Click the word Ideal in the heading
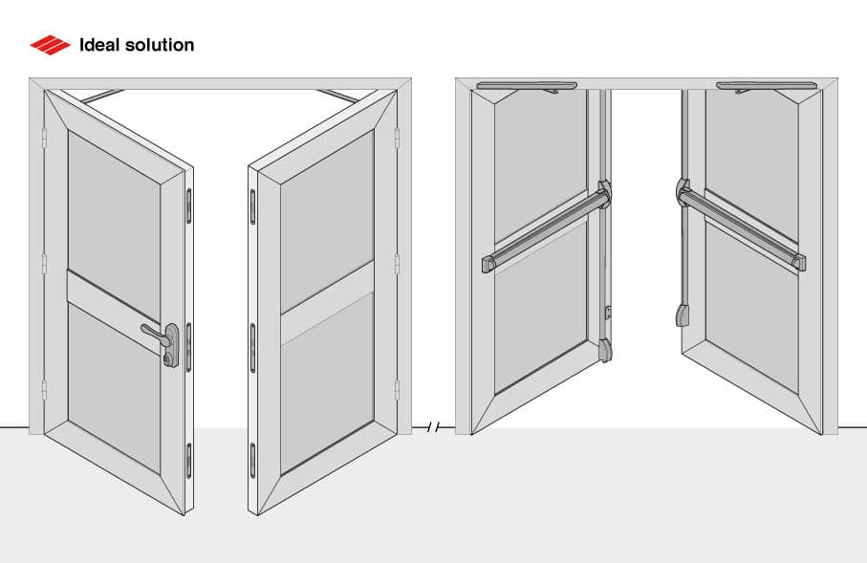(99, 45)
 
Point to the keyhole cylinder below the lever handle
(169, 359)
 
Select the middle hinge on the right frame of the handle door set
(398, 263)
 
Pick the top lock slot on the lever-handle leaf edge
(189, 203)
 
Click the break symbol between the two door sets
(433, 427)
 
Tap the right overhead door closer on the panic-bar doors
(766, 87)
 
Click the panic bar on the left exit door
(545, 227)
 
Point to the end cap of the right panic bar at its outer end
(799, 261)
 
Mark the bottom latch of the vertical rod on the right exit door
(683, 314)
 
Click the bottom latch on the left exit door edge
(606, 349)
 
